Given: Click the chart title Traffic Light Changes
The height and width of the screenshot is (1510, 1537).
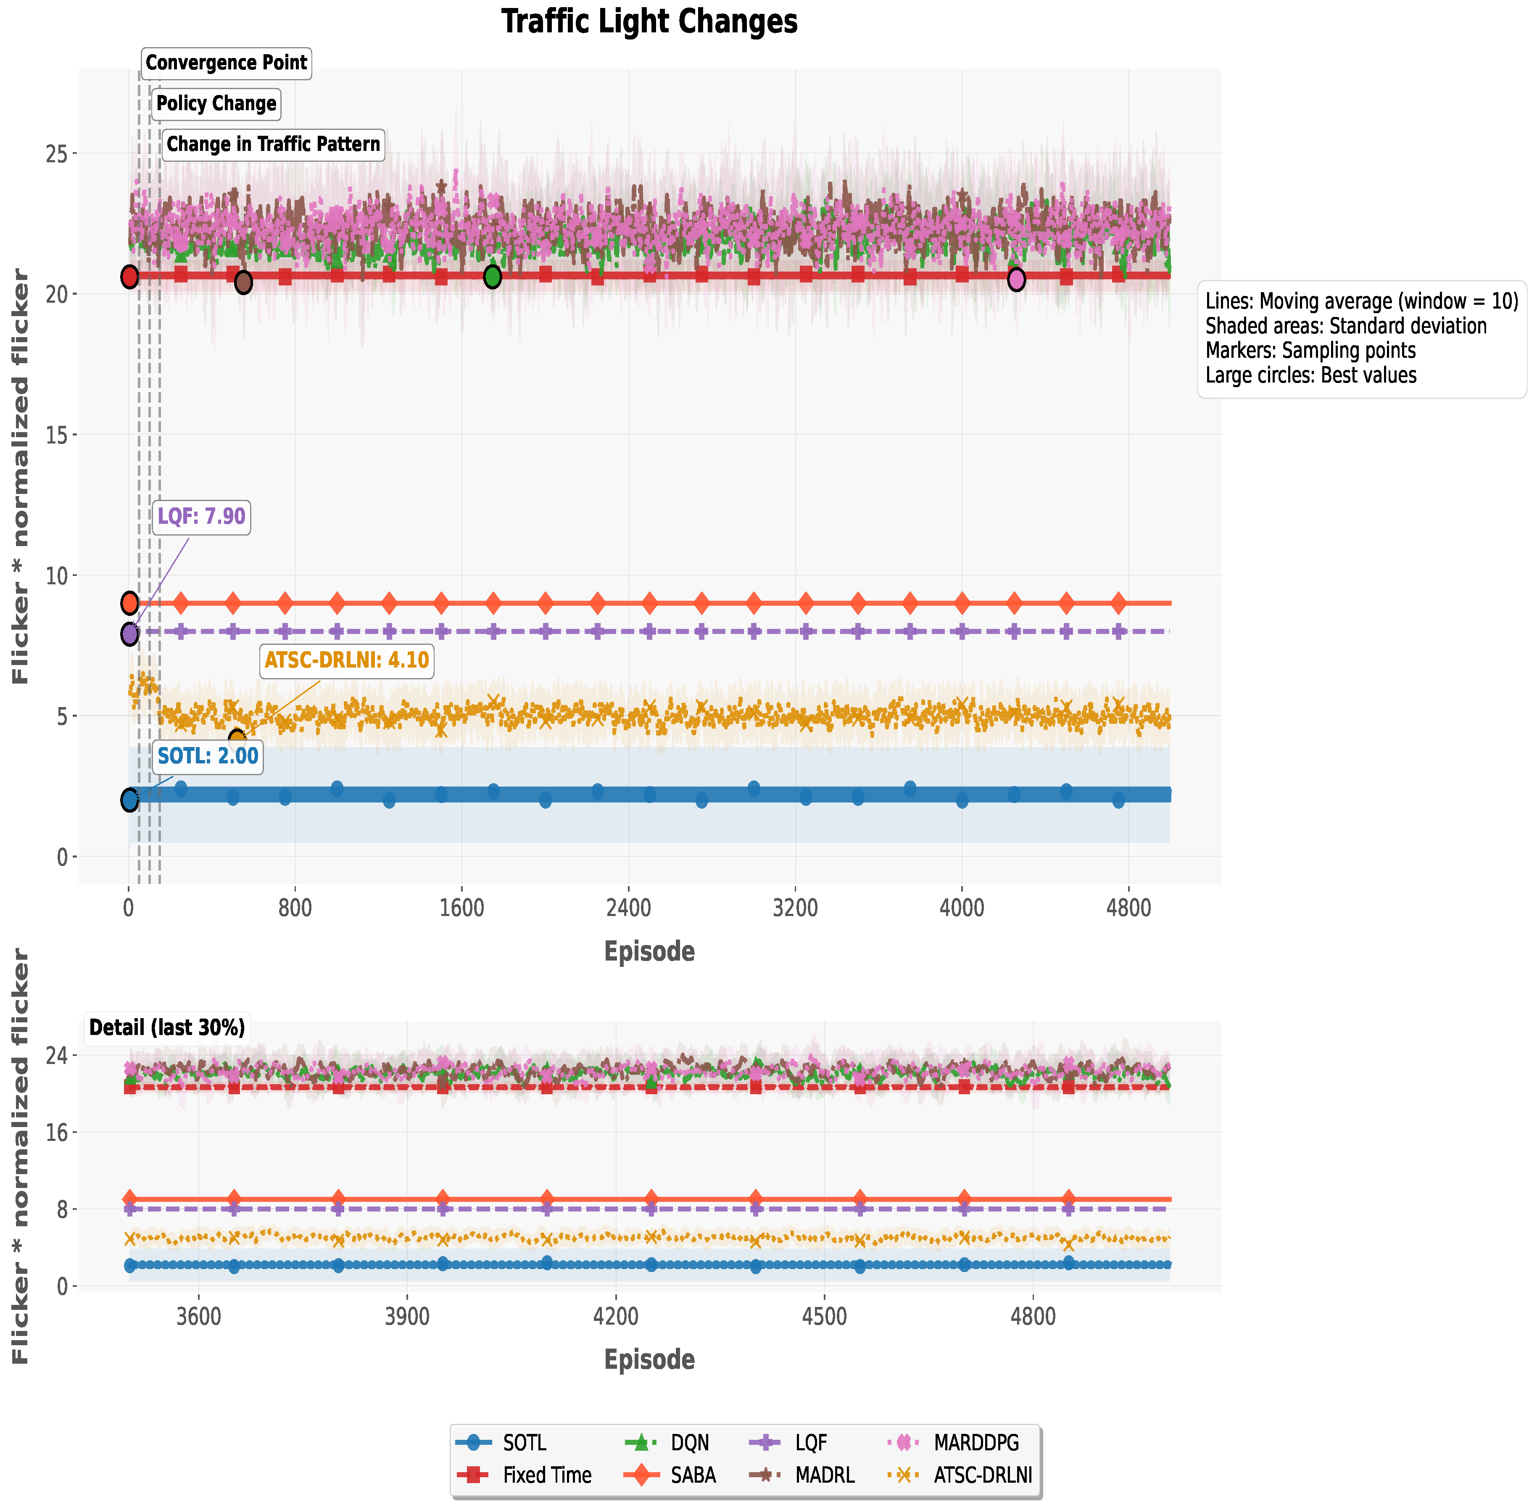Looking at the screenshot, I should click(x=649, y=21).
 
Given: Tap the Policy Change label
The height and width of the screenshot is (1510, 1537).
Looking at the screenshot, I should click(x=216, y=103).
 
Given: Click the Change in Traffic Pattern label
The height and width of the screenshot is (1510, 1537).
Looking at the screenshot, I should click(x=273, y=144).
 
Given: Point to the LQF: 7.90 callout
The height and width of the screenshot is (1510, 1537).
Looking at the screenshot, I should click(x=201, y=516).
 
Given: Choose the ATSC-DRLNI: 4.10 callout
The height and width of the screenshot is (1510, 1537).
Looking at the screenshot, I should click(x=347, y=660).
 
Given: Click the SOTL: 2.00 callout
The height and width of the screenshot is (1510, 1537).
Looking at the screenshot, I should click(x=208, y=756).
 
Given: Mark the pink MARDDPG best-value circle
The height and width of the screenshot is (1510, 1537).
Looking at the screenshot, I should click(x=1016, y=279).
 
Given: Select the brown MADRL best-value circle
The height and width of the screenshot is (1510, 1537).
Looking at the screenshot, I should click(x=243, y=282).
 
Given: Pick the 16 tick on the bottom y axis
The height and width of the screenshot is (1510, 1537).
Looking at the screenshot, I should click(x=57, y=1132).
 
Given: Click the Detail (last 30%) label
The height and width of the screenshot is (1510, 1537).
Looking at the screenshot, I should click(x=166, y=1028).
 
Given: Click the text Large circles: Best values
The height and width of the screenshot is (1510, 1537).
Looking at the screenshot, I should click(x=1310, y=375).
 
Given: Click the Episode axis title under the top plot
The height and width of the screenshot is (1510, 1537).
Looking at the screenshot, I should click(x=649, y=951).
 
